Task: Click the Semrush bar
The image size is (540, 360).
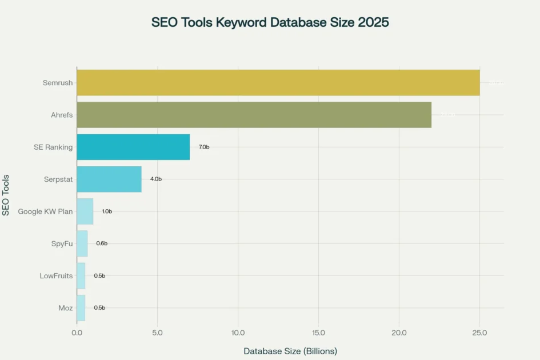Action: tap(278, 82)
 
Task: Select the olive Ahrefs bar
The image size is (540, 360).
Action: tap(254, 115)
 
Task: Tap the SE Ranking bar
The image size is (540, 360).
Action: tap(133, 147)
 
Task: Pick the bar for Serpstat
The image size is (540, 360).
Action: tap(109, 179)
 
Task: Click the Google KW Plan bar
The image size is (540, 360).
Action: tap(85, 211)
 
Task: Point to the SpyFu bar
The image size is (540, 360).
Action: tap(82, 243)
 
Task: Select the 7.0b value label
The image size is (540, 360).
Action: tap(204, 147)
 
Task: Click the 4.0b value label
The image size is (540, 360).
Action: tap(156, 179)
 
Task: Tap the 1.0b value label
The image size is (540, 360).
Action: tap(107, 211)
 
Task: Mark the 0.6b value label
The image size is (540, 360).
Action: tap(102, 243)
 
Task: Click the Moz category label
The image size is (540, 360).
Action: tap(65, 308)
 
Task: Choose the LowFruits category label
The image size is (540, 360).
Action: tap(56, 275)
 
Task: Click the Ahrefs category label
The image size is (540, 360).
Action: tap(62, 115)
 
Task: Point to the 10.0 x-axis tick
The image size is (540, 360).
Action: tap(238, 333)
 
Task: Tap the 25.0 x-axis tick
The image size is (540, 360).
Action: tap(479, 333)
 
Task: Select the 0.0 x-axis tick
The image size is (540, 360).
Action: tap(77, 333)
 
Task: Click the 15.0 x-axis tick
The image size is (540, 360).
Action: tap(318, 333)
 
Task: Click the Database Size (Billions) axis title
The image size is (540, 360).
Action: tap(290, 351)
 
